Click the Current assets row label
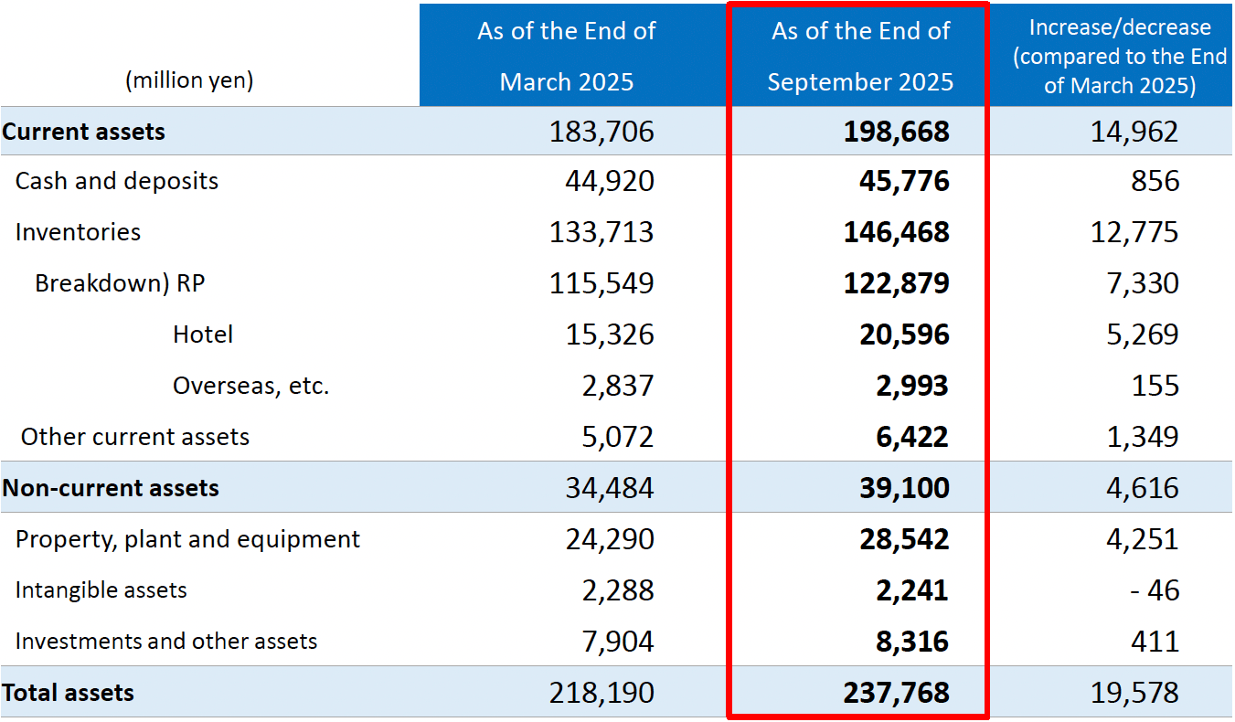pos(84,132)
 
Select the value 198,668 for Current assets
pos(896,132)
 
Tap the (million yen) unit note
pos(189,80)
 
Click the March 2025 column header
pos(566,57)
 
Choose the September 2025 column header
pos(859,57)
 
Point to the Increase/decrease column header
pos(1119,57)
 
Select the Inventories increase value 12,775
pos(1134,232)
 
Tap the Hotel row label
pos(203,334)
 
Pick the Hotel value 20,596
pos(903,334)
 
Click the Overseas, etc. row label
pos(250,386)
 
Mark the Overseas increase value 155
pos(1155,386)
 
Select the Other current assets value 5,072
pos(618,437)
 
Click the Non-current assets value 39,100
pos(903,488)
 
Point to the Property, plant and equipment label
pos(187,539)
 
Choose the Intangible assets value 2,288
pos(618,590)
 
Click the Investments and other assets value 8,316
pos(910,642)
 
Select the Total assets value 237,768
pos(896,693)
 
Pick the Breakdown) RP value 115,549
pos(602,283)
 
